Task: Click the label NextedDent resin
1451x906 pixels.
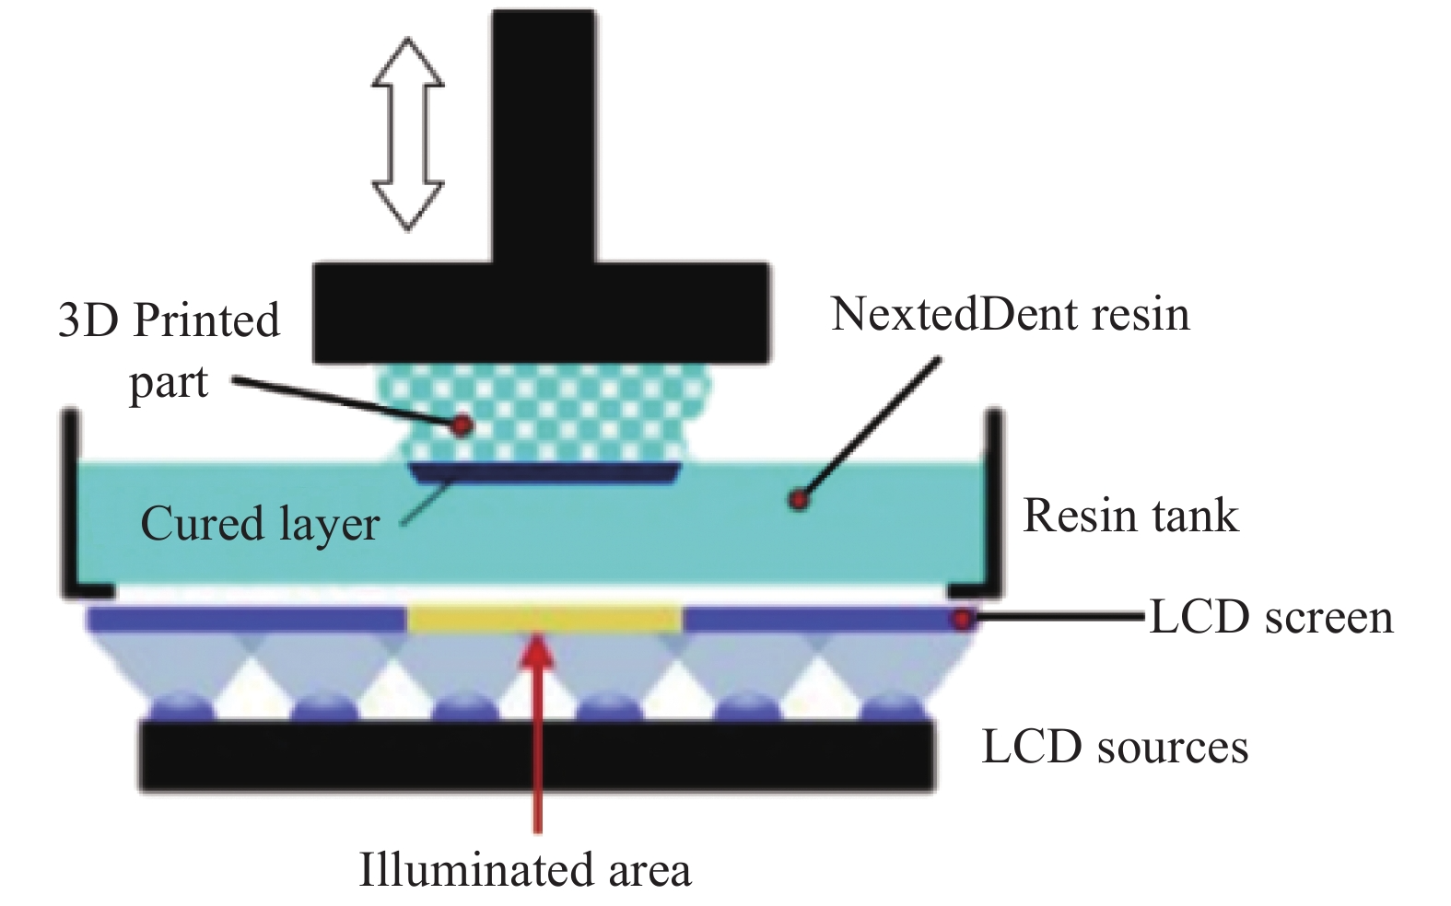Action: pyautogui.click(x=1010, y=315)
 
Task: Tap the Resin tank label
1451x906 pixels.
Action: pyautogui.click(x=1130, y=516)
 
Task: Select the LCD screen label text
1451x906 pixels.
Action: pyautogui.click(x=1271, y=617)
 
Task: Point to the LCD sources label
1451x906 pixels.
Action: pyautogui.click(x=1115, y=747)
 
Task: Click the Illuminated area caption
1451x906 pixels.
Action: pyautogui.click(x=524, y=870)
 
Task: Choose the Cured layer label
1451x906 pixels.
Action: pyautogui.click(x=260, y=524)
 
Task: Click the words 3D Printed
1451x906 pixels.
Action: pyautogui.click(x=169, y=321)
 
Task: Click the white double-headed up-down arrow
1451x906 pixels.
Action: pyautogui.click(x=407, y=134)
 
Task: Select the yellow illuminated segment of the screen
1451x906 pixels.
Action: pyautogui.click(x=544, y=619)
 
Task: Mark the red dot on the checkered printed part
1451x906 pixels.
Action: pyautogui.click(x=462, y=424)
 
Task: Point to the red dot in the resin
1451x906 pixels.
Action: pyautogui.click(x=799, y=500)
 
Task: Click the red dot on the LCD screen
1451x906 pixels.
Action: pyautogui.click(x=962, y=619)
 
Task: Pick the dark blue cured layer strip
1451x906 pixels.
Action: pyautogui.click(x=544, y=473)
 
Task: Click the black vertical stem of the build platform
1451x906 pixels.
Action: pyautogui.click(x=544, y=138)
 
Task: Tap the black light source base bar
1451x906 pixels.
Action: pyautogui.click(x=537, y=755)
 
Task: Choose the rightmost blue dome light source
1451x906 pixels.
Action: pyautogui.click(x=892, y=705)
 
